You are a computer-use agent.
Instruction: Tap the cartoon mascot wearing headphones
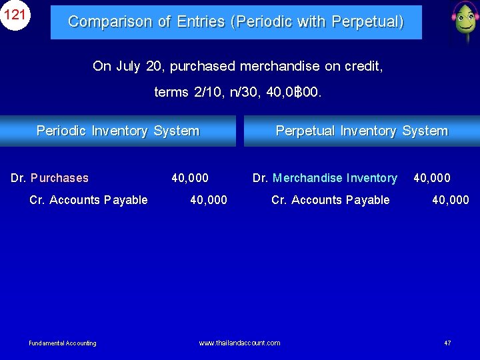[x=463, y=21]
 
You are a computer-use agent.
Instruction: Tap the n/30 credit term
[x=244, y=92]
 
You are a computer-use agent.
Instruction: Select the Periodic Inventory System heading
[x=118, y=131]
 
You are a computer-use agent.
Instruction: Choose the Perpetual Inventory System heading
[x=361, y=131]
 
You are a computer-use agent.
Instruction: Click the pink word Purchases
[x=59, y=178]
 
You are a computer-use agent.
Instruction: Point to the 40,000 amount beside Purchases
[x=190, y=178]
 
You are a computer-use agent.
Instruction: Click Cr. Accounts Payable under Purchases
[x=89, y=200]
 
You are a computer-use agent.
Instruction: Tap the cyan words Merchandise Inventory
[x=335, y=178]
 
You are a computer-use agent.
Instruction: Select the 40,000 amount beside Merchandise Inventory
[x=432, y=178]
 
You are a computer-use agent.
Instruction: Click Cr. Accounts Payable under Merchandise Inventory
[x=331, y=200]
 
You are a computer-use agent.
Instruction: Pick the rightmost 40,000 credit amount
[x=451, y=200]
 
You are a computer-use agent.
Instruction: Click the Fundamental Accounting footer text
[x=63, y=343]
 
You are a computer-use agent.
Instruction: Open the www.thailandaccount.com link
[x=239, y=343]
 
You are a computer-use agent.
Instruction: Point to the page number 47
[x=447, y=343]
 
